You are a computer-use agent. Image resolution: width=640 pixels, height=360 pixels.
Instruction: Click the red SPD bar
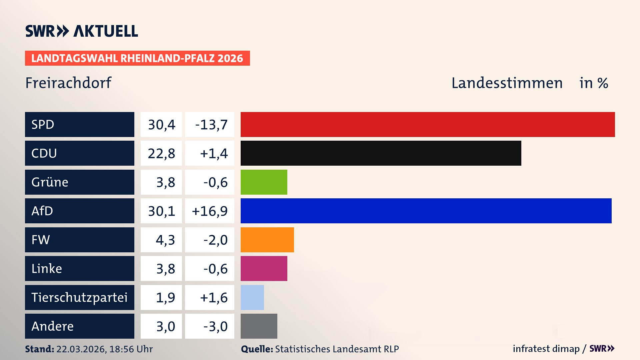(x=428, y=124)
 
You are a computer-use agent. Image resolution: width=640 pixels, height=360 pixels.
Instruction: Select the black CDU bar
(x=381, y=153)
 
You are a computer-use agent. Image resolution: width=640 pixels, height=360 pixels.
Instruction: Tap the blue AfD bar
(x=426, y=211)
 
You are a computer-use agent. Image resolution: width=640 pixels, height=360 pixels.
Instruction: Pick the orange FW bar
(x=267, y=240)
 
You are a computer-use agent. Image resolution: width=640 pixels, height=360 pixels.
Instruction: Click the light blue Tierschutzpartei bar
(x=252, y=297)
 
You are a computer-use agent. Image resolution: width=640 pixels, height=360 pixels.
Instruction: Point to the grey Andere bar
(x=259, y=326)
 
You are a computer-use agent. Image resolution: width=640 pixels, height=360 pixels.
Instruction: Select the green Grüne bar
(x=264, y=182)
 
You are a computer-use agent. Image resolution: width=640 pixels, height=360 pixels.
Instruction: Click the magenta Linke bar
(x=264, y=268)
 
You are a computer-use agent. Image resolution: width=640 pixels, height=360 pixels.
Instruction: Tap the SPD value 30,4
(x=161, y=125)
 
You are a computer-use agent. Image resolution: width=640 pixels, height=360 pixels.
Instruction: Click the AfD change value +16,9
(x=210, y=211)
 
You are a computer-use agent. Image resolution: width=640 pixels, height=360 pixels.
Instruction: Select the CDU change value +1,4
(x=213, y=153)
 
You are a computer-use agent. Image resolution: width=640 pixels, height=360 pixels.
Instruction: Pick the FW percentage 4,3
(x=165, y=240)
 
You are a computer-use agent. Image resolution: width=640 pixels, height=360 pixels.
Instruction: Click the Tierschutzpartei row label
(x=79, y=297)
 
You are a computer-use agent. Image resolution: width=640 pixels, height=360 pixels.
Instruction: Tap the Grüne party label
(x=50, y=182)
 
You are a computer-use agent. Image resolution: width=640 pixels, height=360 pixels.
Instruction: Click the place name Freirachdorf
(x=68, y=83)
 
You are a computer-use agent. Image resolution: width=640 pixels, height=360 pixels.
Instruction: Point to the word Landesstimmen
(x=507, y=83)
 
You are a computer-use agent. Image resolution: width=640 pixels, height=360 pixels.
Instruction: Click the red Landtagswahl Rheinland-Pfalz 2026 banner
(x=137, y=58)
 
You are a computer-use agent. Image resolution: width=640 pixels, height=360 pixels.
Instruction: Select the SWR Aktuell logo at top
(x=82, y=31)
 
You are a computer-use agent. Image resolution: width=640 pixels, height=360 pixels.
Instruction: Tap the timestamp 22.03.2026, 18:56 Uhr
(x=104, y=349)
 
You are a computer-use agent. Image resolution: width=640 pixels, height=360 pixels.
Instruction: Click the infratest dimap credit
(x=546, y=349)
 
